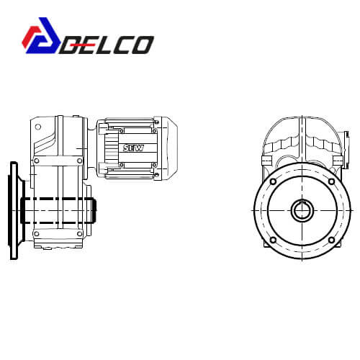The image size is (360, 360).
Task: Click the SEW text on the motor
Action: click(133, 148)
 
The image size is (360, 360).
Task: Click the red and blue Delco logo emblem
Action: click(41, 35)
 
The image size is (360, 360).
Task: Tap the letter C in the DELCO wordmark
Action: click(121, 45)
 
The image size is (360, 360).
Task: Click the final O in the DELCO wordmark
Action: click(143, 45)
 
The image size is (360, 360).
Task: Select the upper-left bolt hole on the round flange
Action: click(273, 181)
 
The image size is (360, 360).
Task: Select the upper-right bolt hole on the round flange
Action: click(331, 181)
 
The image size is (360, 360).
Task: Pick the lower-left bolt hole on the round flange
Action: click(273, 240)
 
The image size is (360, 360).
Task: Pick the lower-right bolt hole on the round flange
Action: click(331, 240)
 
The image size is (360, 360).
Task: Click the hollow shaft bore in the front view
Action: click(302, 211)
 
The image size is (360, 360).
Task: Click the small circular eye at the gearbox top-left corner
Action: click(38, 127)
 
